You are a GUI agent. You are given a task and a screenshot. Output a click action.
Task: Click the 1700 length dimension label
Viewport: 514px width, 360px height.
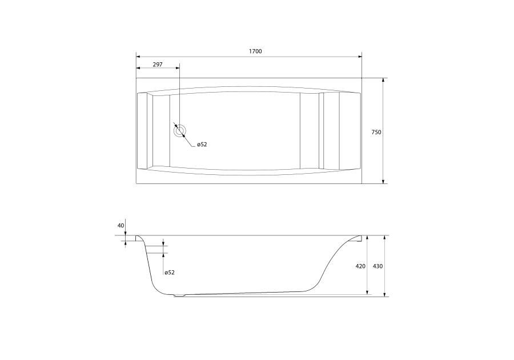pyautogui.click(x=255, y=51)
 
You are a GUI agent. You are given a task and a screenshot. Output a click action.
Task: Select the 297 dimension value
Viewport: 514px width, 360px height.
pyautogui.click(x=158, y=65)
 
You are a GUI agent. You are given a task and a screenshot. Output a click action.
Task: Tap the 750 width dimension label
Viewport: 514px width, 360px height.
pyautogui.click(x=376, y=133)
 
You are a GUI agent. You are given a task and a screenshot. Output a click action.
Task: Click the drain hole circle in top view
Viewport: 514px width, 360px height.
pyautogui.click(x=180, y=131)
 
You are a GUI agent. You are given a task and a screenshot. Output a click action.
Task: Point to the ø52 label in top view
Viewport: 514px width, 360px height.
pyautogui.click(x=202, y=145)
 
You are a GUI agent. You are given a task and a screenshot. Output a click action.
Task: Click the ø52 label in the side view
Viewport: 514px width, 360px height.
pyautogui.click(x=170, y=273)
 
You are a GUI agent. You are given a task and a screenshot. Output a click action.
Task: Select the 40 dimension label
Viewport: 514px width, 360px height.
pyautogui.click(x=121, y=226)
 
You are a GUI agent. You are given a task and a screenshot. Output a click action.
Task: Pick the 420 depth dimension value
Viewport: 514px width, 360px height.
pyautogui.click(x=360, y=266)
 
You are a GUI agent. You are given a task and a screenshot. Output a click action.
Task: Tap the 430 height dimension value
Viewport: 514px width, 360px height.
pyautogui.click(x=378, y=266)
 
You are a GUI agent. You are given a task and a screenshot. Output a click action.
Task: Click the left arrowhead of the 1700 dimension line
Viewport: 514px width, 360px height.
pyautogui.click(x=138, y=57)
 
